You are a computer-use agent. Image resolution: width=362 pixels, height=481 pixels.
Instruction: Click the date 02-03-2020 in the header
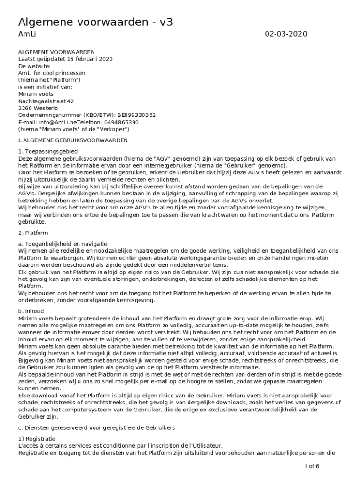286,34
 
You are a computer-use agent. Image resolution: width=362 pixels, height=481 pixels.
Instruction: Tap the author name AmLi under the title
26,34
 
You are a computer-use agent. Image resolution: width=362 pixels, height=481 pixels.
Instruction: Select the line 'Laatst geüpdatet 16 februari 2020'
65,59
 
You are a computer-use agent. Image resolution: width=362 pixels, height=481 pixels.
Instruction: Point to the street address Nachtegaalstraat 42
46,101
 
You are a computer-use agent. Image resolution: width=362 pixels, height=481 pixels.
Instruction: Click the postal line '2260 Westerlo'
38,108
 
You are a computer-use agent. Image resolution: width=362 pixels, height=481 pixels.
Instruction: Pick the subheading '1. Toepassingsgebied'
48,151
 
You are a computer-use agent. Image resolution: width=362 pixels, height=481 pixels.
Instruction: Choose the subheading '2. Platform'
33,233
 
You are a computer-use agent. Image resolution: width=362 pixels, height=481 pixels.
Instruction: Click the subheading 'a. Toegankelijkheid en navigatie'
63,244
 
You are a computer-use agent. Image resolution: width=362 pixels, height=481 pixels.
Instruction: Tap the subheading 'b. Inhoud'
31,311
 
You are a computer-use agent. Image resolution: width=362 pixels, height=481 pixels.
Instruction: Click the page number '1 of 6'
311,466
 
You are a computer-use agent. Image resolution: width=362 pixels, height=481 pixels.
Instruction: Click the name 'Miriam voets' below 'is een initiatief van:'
36,93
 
